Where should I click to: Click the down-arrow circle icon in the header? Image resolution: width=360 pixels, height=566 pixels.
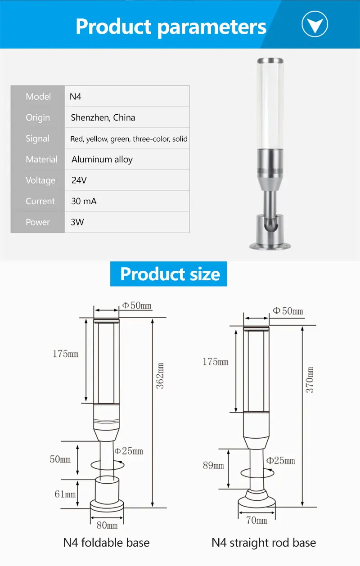click(315, 24)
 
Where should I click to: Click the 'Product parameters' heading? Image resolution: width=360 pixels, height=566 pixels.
click(171, 27)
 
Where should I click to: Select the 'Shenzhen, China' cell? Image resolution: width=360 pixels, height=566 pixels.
click(103, 118)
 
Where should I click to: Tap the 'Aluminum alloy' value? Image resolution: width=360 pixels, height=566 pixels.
click(102, 160)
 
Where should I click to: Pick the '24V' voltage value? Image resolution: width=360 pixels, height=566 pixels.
click(79, 180)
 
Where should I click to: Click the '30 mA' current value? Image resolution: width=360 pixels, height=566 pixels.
click(84, 201)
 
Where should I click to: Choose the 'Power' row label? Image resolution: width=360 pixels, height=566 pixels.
click(38, 222)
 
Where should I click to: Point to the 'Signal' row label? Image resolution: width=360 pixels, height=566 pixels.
click(37, 139)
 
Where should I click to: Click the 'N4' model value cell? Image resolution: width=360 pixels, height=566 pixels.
click(75, 97)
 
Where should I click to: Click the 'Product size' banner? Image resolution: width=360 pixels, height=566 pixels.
click(169, 274)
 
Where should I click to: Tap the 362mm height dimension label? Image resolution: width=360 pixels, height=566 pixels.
click(160, 376)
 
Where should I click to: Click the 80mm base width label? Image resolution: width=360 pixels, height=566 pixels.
click(107, 525)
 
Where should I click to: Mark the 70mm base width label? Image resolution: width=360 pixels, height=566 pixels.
click(256, 521)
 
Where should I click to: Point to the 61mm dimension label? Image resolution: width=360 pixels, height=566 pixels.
click(65, 494)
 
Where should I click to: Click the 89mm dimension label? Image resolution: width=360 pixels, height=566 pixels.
click(213, 465)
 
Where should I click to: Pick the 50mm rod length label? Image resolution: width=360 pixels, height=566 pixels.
click(60, 459)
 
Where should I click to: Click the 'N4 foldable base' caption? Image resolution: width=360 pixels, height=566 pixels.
click(106, 543)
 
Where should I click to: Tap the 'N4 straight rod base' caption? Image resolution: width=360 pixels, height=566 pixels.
click(264, 543)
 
